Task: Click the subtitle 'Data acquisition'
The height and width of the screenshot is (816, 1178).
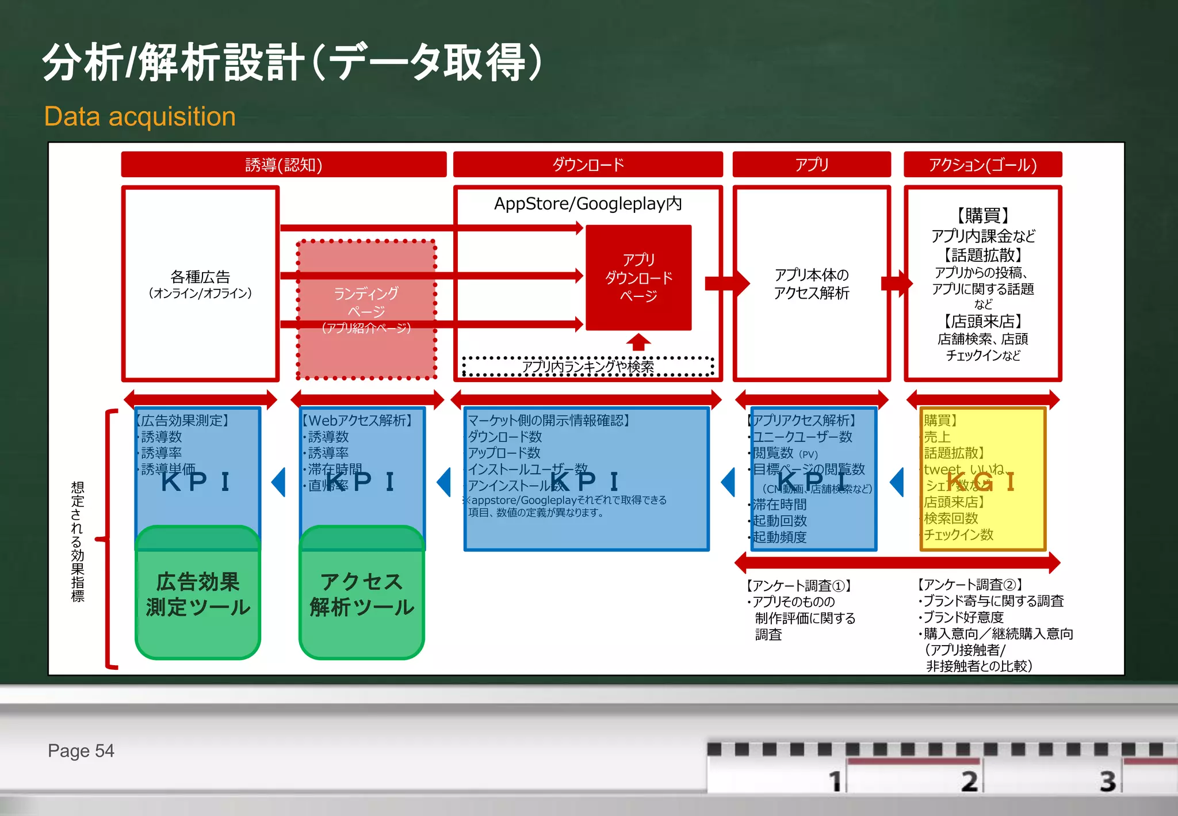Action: [x=140, y=117]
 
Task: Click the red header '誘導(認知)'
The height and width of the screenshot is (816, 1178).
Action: [x=284, y=165]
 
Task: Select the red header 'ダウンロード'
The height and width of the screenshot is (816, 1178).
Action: [x=588, y=165]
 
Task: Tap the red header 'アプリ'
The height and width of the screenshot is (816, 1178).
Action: [x=812, y=165]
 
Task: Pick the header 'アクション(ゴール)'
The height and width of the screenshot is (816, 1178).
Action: [x=982, y=165]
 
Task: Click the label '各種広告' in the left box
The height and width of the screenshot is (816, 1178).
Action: [x=200, y=277]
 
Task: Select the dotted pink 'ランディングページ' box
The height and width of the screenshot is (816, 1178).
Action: [x=366, y=310]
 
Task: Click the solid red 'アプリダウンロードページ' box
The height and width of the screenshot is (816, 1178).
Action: [x=638, y=278]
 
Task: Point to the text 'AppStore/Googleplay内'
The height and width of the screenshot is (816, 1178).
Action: [x=588, y=204]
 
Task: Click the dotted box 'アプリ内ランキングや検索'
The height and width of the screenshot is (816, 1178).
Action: [x=588, y=367]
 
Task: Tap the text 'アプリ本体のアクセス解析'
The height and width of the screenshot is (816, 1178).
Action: [x=812, y=284]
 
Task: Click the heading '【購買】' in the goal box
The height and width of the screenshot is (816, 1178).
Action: [x=982, y=216]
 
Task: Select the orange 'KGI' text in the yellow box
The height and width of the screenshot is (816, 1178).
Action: [x=980, y=481]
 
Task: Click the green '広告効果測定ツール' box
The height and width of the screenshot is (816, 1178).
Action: [x=198, y=594]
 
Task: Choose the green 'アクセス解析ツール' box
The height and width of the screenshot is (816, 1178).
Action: [x=362, y=594]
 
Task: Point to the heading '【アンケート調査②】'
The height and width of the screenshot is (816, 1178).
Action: [x=970, y=585]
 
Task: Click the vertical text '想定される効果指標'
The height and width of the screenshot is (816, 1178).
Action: [x=78, y=541]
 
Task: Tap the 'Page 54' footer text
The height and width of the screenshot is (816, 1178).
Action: [x=81, y=751]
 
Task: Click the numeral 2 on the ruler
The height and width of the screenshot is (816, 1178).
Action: [x=970, y=781]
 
